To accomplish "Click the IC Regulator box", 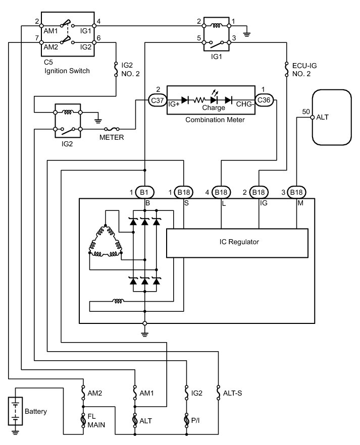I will coord(236,242).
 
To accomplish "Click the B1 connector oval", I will coord(144,192).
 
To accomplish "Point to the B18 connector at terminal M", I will coord(296,192).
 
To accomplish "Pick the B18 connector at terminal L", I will coord(221,192).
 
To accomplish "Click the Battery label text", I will coord(35,412).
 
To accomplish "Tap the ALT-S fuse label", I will coord(233,392).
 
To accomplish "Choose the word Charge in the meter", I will coord(214,107).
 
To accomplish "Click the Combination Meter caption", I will coord(215,120).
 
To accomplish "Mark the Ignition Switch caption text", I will coord(67,71).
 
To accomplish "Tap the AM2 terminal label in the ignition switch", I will coord(51,46).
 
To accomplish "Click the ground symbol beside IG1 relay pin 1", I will coord(246,34).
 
